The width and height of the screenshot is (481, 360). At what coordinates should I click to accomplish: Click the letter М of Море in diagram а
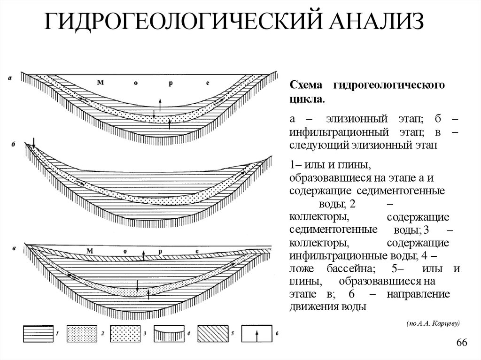pyautogui.click(x=100, y=83)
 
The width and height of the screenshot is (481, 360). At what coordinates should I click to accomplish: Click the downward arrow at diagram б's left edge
pyautogui.click(x=34, y=140)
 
